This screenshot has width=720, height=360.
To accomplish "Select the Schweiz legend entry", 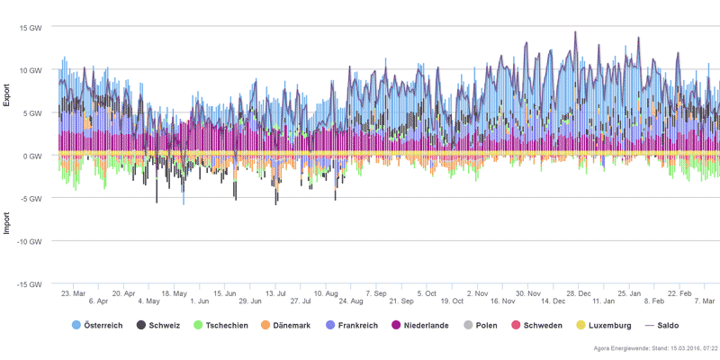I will (163, 324).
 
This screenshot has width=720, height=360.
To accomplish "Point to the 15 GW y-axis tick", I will (31, 28).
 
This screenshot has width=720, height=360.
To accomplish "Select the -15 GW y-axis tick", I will (30, 284).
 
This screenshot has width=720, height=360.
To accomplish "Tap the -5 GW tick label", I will (32, 199).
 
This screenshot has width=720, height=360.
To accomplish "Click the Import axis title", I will (7, 220).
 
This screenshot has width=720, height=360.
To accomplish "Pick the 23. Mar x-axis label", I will (73, 293).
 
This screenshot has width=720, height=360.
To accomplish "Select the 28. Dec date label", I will (579, 293).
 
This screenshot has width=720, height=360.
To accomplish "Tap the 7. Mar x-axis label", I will (704, 301).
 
